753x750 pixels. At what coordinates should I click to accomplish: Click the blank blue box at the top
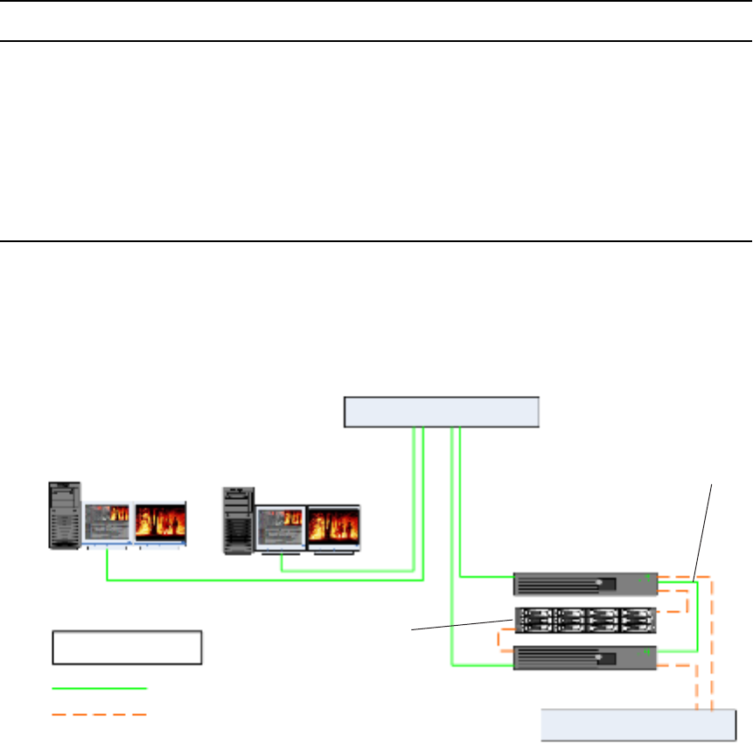pos(442,412)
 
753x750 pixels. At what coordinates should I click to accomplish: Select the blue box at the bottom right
pos(638,726)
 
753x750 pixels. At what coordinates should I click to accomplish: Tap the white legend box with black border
pos(128,647)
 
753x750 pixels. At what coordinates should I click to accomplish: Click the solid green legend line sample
pos(99,689)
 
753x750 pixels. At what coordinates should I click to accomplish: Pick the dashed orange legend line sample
pos(99,714)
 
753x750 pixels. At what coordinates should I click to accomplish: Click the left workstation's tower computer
pos(65,515)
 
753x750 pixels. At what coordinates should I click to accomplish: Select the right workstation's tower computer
pos(238,520)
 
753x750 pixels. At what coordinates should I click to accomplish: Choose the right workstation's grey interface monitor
pos(280,528)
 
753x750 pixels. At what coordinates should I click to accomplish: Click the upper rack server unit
pos(585,584)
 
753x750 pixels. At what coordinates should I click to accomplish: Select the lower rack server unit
pos(585,657)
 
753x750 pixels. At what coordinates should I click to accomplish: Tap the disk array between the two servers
pos(585,620)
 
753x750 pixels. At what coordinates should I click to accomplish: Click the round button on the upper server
pos(599,583)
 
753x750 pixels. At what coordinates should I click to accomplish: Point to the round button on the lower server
pos(599,656)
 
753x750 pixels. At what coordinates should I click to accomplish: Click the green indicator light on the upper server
pos(646,577)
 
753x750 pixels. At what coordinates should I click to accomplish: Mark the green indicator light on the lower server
pos(646,650)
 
